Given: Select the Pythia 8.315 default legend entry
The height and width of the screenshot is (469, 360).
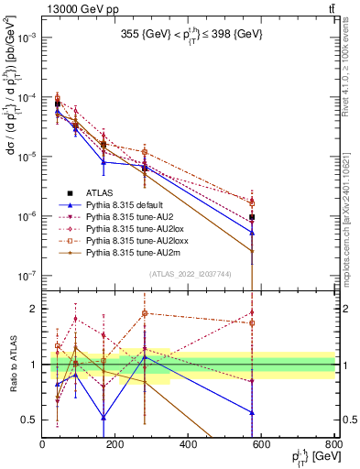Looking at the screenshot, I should [128, 204].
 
